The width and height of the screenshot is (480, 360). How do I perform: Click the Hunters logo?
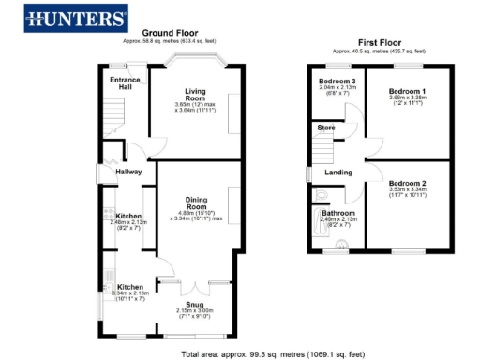pyautogui.click(x=77, y=18)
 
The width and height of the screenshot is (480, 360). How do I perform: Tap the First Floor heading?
pyautogui.click(x=380, y=42)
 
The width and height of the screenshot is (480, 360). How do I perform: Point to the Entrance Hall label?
pyautogui.click(x=125, y=82)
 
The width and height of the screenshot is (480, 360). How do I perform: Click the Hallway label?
pyautogui.click(x=127, y=172)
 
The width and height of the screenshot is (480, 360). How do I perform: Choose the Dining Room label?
pyautogui.click(x=196, y=202)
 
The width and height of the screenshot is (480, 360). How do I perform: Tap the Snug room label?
pyautogui.click(x=196, y=304)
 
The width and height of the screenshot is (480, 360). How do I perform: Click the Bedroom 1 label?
pyautogui.click(x=408, y=91)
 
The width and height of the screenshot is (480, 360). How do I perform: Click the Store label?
pyautogui.click(x=326, y=127)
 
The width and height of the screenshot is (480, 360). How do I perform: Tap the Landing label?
pyautogui.click(x=337, y=172)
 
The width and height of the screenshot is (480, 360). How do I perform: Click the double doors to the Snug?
pyautogui.click(x=196, y=282)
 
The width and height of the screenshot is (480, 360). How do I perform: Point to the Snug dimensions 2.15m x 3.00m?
pyautogui.click(x=196, y=312)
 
